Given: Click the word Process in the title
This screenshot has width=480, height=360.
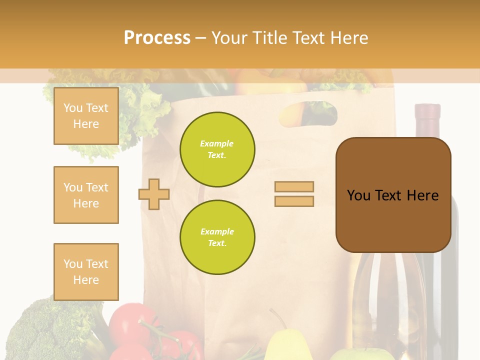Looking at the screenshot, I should pyautogui.click(x=157, y=38).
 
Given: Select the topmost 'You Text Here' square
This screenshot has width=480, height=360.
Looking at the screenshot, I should pyautogui.click(x=86, y=116).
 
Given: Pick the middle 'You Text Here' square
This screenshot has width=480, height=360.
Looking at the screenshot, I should pyautogui.click(x=86, y=195).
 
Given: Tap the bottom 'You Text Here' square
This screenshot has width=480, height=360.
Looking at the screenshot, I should pyautogui.click(x=86, y=272).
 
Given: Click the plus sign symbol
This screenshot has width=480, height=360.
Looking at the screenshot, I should pyautogui.click(x=154, y=194).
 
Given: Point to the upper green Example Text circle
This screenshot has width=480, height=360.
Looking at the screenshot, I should pyautogui.click(x=217, y=149).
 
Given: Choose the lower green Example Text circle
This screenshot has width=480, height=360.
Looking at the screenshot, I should pyautogui.click(x=217, y=237).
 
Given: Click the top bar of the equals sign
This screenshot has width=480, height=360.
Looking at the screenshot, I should pyautogui.click(x=294, y=187).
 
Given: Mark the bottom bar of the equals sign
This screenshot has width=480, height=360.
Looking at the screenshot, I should pyautogui.click(x=294, y=201).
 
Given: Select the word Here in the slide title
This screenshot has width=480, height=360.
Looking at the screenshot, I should pyautogui.click(x=349, y=38).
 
